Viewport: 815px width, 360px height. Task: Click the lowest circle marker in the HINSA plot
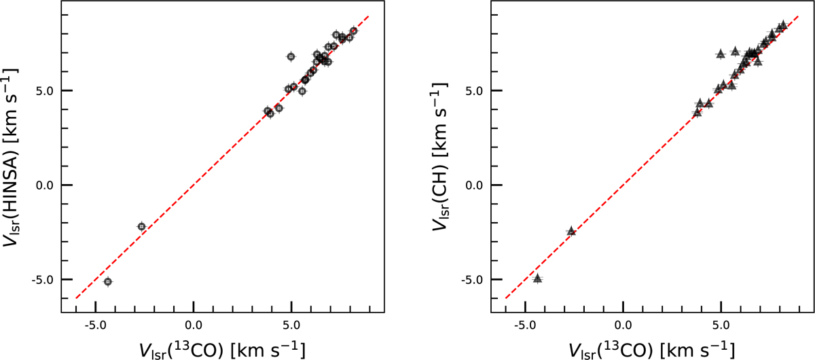(107, 281)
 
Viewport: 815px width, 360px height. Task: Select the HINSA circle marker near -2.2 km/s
(141, 226)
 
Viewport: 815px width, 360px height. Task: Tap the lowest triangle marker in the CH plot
(537, 278)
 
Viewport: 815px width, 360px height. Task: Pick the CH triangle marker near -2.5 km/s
(570, 231)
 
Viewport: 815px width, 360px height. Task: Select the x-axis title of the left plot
(222, 348)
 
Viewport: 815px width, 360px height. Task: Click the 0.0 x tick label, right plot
(622, 325)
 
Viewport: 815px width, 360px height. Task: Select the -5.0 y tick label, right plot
(470, 279)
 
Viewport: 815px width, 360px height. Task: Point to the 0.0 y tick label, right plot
(472, 185)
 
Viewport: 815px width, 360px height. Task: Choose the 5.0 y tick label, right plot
(472, 90)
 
